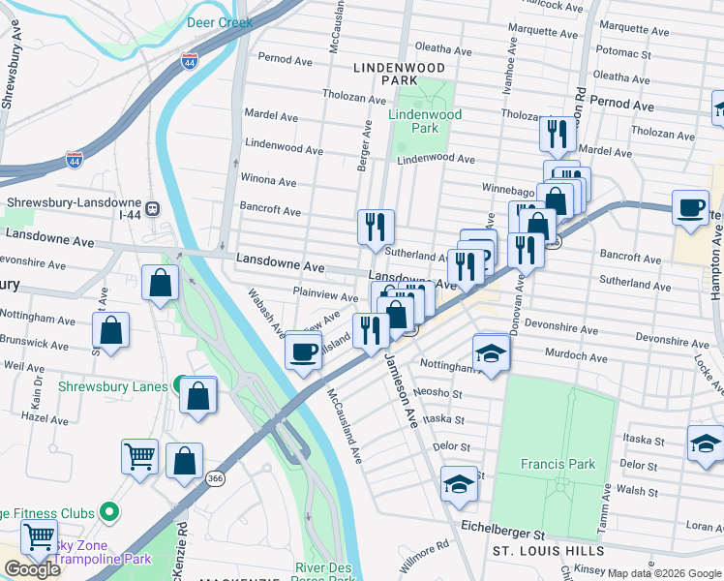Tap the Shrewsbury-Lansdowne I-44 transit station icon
click(x=152, y=207)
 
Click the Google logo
click(x=32, y=568)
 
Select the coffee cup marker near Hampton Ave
click(x=691, y=209)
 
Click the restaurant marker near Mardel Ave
click(x=556, y=134)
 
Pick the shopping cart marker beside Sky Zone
click(x=40, y=536)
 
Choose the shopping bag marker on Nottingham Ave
click(x=111, y=330)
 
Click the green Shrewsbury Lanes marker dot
click(x=180, y=385)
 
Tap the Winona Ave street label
click(x=268, y=181)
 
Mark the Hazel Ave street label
click(x=45, y=417)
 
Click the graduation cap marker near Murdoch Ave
click(x=491, y=354)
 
